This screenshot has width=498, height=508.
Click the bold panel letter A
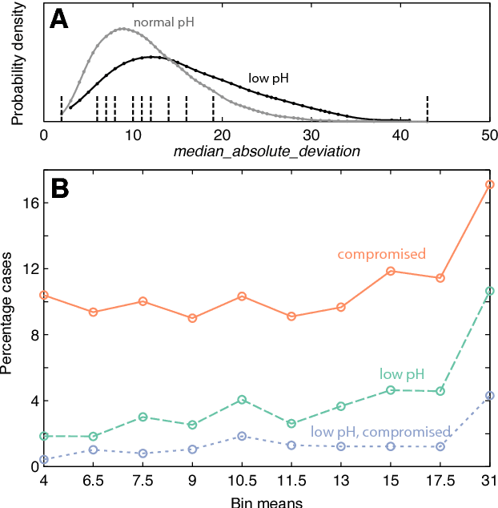pyautogui.click(x=58, y=19)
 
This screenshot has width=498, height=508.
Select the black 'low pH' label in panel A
pyautogui.click(x=268, y=79)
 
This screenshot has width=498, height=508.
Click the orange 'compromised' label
pyautogui.click(x=381, y=255)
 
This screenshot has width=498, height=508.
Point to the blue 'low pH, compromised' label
pyautogui.click(x=381, y=432)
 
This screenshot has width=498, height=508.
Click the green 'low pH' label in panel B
pyautogui.click(x=402, y=374)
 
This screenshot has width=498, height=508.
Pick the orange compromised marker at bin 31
pyautogui.click(x=490, y=184)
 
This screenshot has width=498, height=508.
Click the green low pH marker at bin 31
pyautogui.click(x=490, y=291)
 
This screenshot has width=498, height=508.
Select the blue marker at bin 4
pyautogui.click(x=44, y=459)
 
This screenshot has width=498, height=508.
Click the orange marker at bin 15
pyautogui.click(x=391, y=271)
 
